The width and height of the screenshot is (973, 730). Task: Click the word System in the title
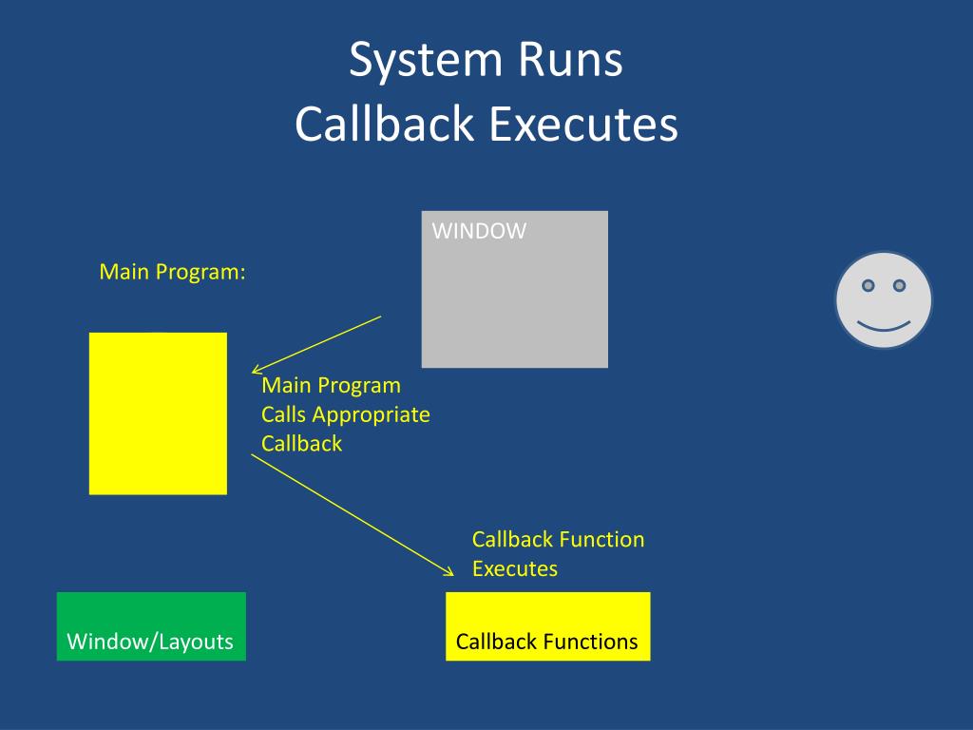pyautogui.click(x=426, y=61)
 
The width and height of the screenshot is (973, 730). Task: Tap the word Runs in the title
pyautogui.click(x=570, y=60)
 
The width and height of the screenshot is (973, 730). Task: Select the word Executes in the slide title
pyautogui.click(x=583, y=124)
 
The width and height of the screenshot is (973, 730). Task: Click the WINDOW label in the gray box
pyautogui.click(x=479, y=231)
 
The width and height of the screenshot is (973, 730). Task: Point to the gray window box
pyautogui.click(x=514, y=289)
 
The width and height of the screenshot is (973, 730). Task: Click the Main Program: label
pyautogui.click(x=173, y=273)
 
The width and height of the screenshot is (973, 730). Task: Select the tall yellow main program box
pyautogui.click(x=159, y=413)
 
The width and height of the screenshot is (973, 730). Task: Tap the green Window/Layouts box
pyautogui.click(x=151, y=626)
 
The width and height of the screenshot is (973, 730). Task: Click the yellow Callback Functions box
pyautogui.click(x=548, y=626)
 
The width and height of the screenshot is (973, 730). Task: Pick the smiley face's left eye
pyautogui.click(x=868, y=285)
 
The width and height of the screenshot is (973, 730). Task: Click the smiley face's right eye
pyautogui.click(x=899, y=285)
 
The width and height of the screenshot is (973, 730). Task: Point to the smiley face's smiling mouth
pyautogui.click(x=884, y=326)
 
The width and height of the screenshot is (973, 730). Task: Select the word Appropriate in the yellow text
pyautogui.click(x=372, y=415)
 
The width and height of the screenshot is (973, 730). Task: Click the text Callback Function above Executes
pyautogui.click(x=558, y=540)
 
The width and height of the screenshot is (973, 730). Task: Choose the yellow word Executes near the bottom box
pyautogui.click(x=514, y=568)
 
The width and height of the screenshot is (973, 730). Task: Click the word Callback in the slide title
pyautogui.click(x=384, y=124)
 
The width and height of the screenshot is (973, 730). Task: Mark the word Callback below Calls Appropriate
pyautogui.click(x=301, y=444)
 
